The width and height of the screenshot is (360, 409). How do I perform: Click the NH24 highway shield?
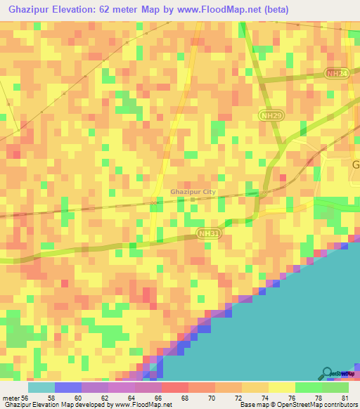point(337,73)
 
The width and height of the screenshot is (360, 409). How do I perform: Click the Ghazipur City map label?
point(193,191)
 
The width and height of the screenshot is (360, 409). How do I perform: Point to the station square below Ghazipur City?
point(193,200)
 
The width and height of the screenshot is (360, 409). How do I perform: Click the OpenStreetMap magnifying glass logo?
point(326,374)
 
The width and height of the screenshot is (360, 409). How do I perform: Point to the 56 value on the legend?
point(25,398)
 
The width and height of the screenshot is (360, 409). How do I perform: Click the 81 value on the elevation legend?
point(343,398)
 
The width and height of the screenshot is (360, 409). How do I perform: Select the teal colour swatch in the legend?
point(41,387)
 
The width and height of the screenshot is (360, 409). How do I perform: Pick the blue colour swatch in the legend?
point(68,387)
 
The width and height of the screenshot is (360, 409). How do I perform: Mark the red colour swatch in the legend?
point(175,387)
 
